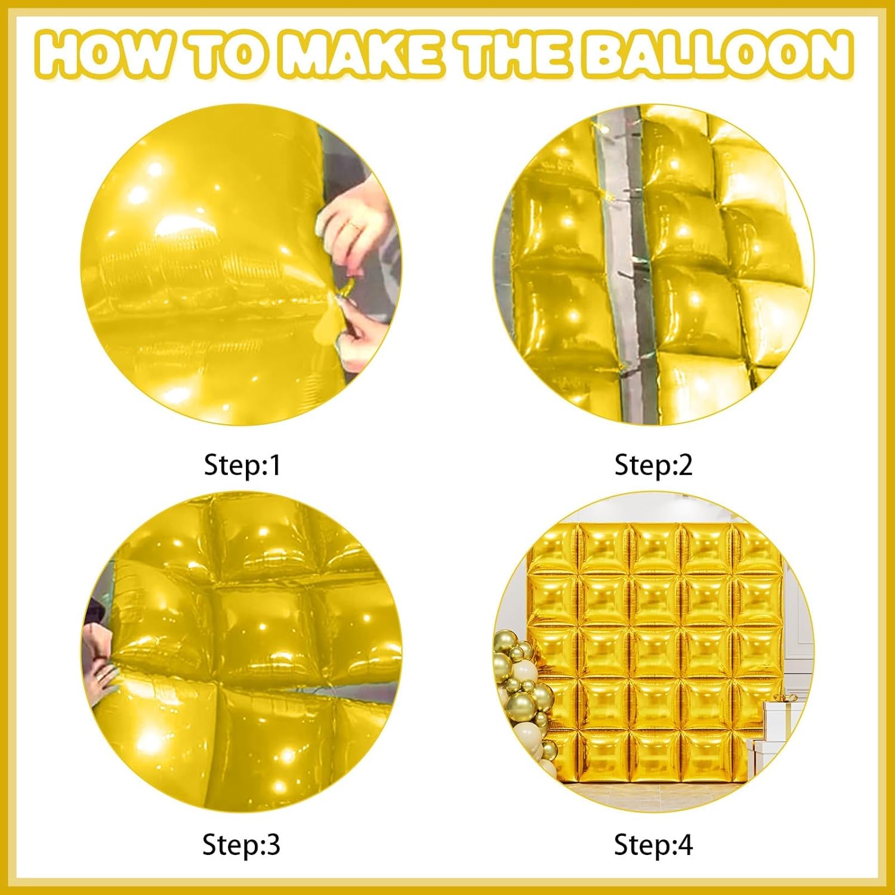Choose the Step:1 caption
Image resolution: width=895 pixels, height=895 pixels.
(x=242, y=465)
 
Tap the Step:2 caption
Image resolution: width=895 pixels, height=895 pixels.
(x=653, y=465)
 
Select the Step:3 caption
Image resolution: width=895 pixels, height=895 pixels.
(x=241, y=845)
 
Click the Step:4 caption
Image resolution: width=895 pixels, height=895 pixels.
(x=653, y=845)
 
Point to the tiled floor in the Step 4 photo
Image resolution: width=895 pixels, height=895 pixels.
(x=656, y=794)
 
